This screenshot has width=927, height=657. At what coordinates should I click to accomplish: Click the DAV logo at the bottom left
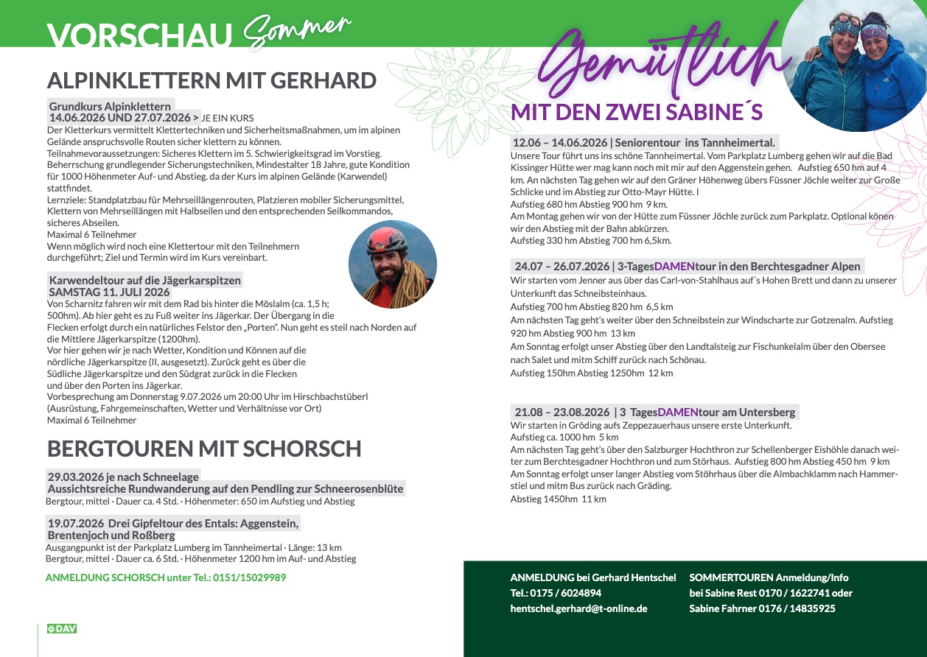(62, 628)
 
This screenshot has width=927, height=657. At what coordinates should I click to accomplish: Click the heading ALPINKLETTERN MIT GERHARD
(211, 80)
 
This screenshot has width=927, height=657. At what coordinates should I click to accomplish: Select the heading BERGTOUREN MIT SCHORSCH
(204, 448)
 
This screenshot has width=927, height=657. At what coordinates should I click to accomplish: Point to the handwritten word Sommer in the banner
(295, 30)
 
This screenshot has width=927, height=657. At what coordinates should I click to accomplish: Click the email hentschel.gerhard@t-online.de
(578, 608)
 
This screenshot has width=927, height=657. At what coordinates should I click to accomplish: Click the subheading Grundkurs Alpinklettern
(110, 107)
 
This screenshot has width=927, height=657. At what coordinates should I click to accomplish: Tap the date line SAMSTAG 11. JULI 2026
(109, 292)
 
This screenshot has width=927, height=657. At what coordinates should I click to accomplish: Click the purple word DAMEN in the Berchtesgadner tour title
(675, 267)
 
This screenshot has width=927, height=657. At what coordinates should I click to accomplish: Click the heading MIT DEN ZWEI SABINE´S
(637, 113)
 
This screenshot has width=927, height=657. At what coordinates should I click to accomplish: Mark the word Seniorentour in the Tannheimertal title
(648, 143)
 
